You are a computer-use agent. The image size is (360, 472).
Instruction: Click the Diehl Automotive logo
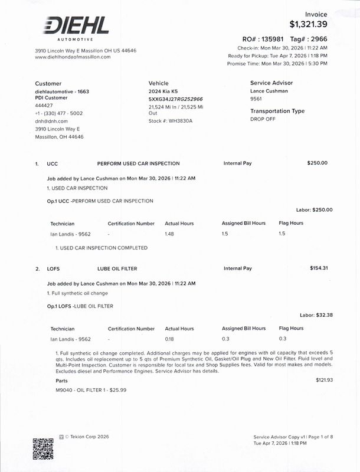[75, 28]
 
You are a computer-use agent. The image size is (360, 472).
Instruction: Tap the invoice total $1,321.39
[309, 24]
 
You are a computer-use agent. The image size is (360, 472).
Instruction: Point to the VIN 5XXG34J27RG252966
[176, 100]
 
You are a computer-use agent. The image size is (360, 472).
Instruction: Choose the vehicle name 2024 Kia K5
[163, 92]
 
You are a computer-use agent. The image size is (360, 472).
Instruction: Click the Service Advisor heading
[271, 83]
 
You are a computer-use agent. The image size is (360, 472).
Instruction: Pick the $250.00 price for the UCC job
[318, 163]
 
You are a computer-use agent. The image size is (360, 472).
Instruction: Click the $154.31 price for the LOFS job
[319, 268]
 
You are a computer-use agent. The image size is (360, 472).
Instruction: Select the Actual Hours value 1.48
[171, 234]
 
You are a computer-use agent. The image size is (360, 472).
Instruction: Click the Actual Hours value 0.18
[171, 339]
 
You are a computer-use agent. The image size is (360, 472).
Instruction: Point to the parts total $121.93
[325, 380]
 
